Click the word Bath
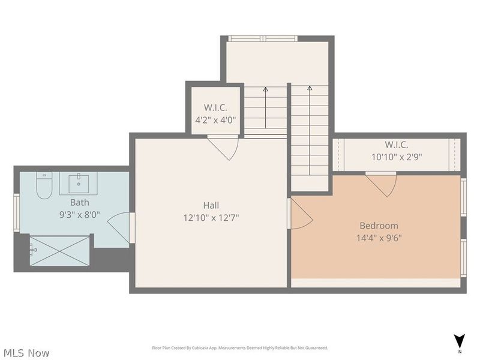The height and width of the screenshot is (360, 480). tap(79, 202)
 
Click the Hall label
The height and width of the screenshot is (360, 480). tap(211, 206)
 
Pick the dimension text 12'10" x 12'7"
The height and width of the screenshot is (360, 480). tap(211, 218)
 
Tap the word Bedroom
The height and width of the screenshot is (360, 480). tap(379, 226)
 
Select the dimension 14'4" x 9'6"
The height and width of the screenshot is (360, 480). tap(379, 238)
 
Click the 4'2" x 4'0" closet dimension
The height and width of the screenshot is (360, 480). tap(215, 119)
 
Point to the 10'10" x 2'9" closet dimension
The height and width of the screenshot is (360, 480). tap(397, 157)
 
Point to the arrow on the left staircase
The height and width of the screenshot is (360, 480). tap(265, 90)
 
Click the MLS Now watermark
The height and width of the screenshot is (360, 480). tap(27, 353)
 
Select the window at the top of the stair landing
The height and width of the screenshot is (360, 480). tap(263, 39)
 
